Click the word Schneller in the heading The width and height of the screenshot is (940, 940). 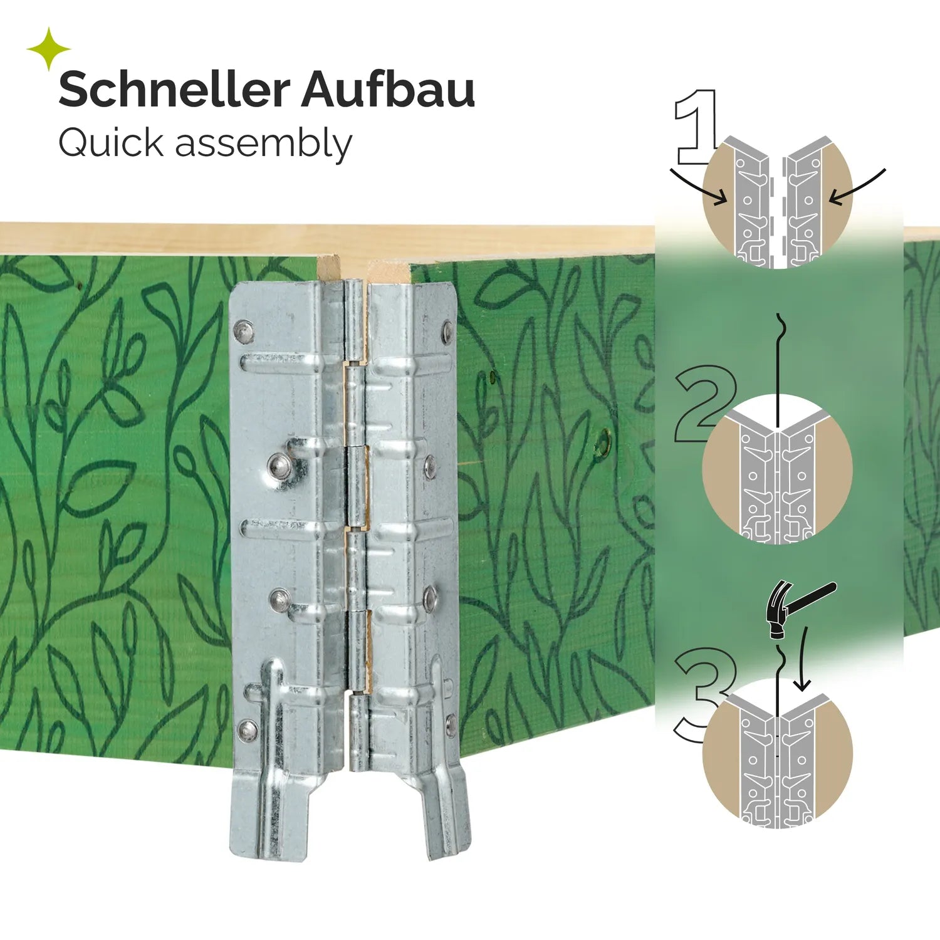174,90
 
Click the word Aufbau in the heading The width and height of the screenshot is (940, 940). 388,90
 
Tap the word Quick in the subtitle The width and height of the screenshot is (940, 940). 111,143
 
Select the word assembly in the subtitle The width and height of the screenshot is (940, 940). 263,145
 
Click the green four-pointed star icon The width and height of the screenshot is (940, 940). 48,48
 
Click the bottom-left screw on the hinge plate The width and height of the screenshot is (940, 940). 248,729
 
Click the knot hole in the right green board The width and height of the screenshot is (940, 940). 602,443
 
